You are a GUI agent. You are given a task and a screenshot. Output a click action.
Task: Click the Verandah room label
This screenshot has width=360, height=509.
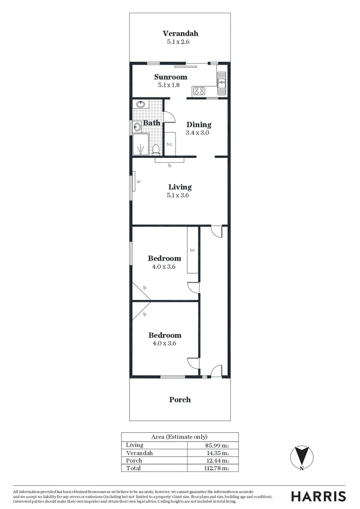pos(180,33)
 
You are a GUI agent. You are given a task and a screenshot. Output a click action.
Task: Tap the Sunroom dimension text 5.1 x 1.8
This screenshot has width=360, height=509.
pos(172,85)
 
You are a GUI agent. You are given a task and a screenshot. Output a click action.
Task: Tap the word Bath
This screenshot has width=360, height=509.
pos(152,123)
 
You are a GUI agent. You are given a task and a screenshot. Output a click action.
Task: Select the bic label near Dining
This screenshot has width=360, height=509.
pos(169,144)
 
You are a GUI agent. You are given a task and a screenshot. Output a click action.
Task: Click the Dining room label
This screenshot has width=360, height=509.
pos(199,125)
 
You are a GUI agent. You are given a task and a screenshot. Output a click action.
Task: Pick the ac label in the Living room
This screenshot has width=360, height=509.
pos(139,181)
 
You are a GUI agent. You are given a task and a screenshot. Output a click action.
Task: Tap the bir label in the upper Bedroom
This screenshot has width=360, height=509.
pos(192,250)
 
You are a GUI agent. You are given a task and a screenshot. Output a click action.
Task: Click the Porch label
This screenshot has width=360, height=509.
pos(180,400)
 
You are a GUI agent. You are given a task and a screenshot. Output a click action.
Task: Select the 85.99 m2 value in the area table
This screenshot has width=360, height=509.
pos(217,445)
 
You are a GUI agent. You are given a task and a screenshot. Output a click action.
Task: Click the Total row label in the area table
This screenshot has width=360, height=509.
pos(133,468)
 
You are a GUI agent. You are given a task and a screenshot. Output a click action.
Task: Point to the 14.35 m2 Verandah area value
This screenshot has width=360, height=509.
pos(217,453)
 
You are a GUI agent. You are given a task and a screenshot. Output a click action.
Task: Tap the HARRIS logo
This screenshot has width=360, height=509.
pos(318,496)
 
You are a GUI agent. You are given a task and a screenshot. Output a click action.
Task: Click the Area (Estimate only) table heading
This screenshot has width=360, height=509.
pos(179,437)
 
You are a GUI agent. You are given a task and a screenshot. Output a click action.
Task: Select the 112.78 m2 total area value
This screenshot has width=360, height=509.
pos(216,468)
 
